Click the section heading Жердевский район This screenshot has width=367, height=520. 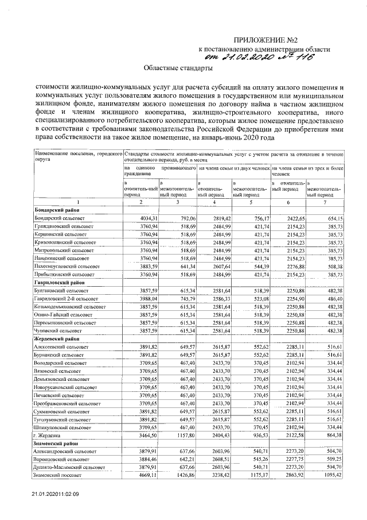pyautogui.click(x=58, y=340)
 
